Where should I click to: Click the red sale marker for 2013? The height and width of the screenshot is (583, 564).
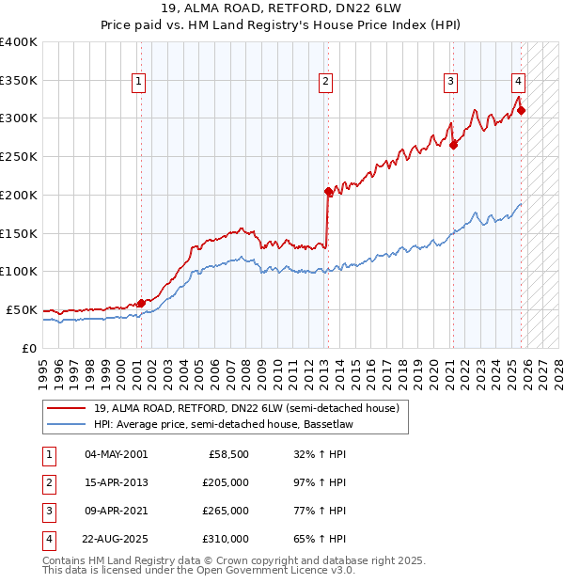[x=328, y=191]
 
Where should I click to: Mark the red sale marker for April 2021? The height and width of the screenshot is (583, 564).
[x=453, y=145]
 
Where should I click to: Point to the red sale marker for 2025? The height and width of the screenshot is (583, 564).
[x=521, y=110]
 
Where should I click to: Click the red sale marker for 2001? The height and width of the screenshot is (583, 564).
[x=141, y=303]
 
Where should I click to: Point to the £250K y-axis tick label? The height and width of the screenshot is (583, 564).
[x=18, y=156]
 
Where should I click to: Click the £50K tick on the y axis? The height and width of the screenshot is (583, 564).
[x=22, y=309]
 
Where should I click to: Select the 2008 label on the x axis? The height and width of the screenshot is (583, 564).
[x=247, y=369]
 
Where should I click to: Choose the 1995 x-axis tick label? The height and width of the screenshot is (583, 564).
[x=43, y=369]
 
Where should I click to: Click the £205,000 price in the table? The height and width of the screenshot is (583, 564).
[x=226, y=482]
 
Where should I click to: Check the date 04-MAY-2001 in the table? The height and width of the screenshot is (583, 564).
[x=117, y=454]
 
